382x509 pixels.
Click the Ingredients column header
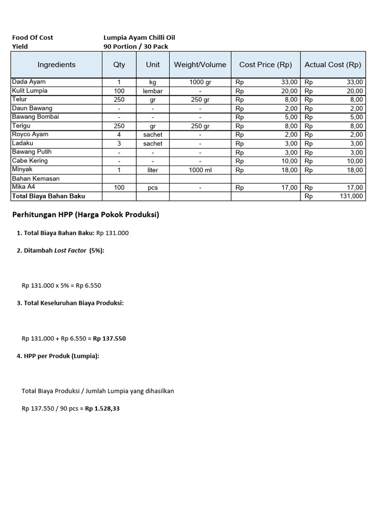57,65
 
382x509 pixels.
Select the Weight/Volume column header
200,65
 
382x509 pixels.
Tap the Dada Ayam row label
29,82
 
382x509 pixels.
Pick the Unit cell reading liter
153,170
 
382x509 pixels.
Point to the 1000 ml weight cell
200,170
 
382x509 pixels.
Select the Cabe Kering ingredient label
30,161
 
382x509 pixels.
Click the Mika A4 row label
24,187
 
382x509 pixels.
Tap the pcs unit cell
153,188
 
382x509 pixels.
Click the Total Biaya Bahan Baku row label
48,196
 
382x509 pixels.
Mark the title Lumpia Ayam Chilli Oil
139,37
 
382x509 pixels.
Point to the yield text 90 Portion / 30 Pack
136,46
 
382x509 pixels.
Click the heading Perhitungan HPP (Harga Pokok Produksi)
85,215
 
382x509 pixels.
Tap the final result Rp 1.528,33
102,409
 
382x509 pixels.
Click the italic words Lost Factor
70,251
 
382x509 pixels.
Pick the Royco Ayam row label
30,135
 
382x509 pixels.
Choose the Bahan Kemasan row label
36,178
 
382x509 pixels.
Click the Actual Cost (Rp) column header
333,65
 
